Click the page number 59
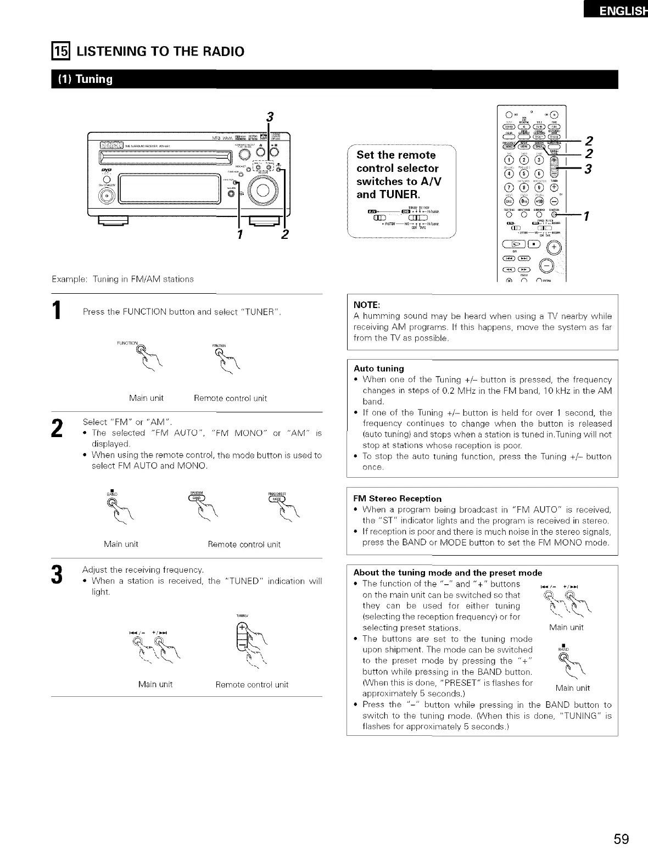point(622,840)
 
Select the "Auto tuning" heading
point(378,368)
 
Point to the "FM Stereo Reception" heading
point(397,499)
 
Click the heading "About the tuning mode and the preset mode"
point(448,572)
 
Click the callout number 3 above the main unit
point(269,116)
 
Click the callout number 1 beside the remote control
point(586,216)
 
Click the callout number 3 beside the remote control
point(588,169)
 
